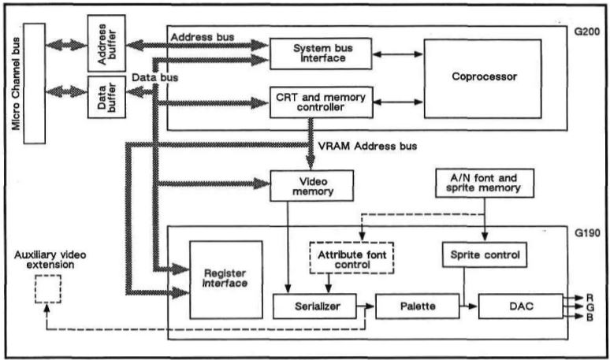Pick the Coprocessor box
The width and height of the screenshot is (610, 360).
tap(482, 78)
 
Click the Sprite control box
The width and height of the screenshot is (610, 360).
tap(483, 256)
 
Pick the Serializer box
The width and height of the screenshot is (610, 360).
tap(313, 305)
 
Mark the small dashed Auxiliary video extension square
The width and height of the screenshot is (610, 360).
tap(47, 291)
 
